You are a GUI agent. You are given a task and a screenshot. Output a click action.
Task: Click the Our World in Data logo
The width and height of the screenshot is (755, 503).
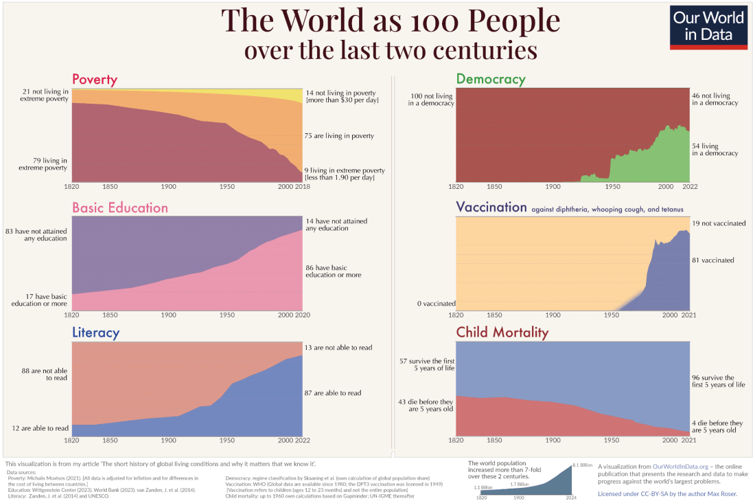pos(708,27)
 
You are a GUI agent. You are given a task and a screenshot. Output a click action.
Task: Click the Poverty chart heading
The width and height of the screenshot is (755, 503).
pos(95,80)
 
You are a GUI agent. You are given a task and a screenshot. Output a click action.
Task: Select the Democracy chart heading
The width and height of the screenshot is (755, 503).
pos(491,79)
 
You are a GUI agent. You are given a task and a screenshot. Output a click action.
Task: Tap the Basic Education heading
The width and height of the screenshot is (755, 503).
pos(120,208)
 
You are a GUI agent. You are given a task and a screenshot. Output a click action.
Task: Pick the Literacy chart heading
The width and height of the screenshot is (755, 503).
pos(95,333)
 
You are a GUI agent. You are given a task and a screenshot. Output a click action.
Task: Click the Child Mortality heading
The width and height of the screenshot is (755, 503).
pos(502,333)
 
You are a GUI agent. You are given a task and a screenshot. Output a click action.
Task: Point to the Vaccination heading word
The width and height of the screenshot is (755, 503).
pos(491,208)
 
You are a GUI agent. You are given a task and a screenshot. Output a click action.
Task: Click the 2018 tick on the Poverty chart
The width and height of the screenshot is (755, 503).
pos(302,187)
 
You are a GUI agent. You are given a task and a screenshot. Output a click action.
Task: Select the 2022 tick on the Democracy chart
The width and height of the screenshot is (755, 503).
pos(689,187)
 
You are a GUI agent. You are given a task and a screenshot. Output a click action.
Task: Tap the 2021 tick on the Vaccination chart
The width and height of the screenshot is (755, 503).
pos(689,315)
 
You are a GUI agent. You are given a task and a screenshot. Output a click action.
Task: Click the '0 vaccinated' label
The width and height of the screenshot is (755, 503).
pos(436,303)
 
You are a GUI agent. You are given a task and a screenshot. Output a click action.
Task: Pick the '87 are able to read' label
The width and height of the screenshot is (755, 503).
pos(333,393)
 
